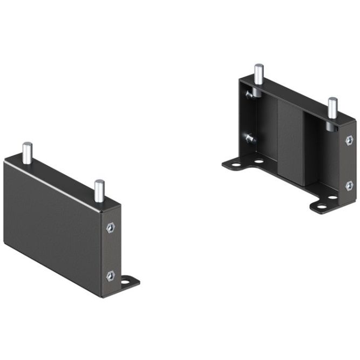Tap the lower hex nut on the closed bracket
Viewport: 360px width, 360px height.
(x=111, y=275)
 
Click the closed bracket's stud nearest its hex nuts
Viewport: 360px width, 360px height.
(x=99, y=190)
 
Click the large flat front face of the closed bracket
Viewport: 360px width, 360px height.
(x=51, y=227)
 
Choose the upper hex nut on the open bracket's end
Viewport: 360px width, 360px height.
(x=349, y=140)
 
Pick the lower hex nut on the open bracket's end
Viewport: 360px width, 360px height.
(x=349, y=185)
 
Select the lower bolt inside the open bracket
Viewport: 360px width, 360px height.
(x=249, y=138)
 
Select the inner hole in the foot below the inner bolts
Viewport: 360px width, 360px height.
(x=259, y=160)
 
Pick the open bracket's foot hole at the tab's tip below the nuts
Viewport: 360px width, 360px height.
(x=321, y=206)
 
